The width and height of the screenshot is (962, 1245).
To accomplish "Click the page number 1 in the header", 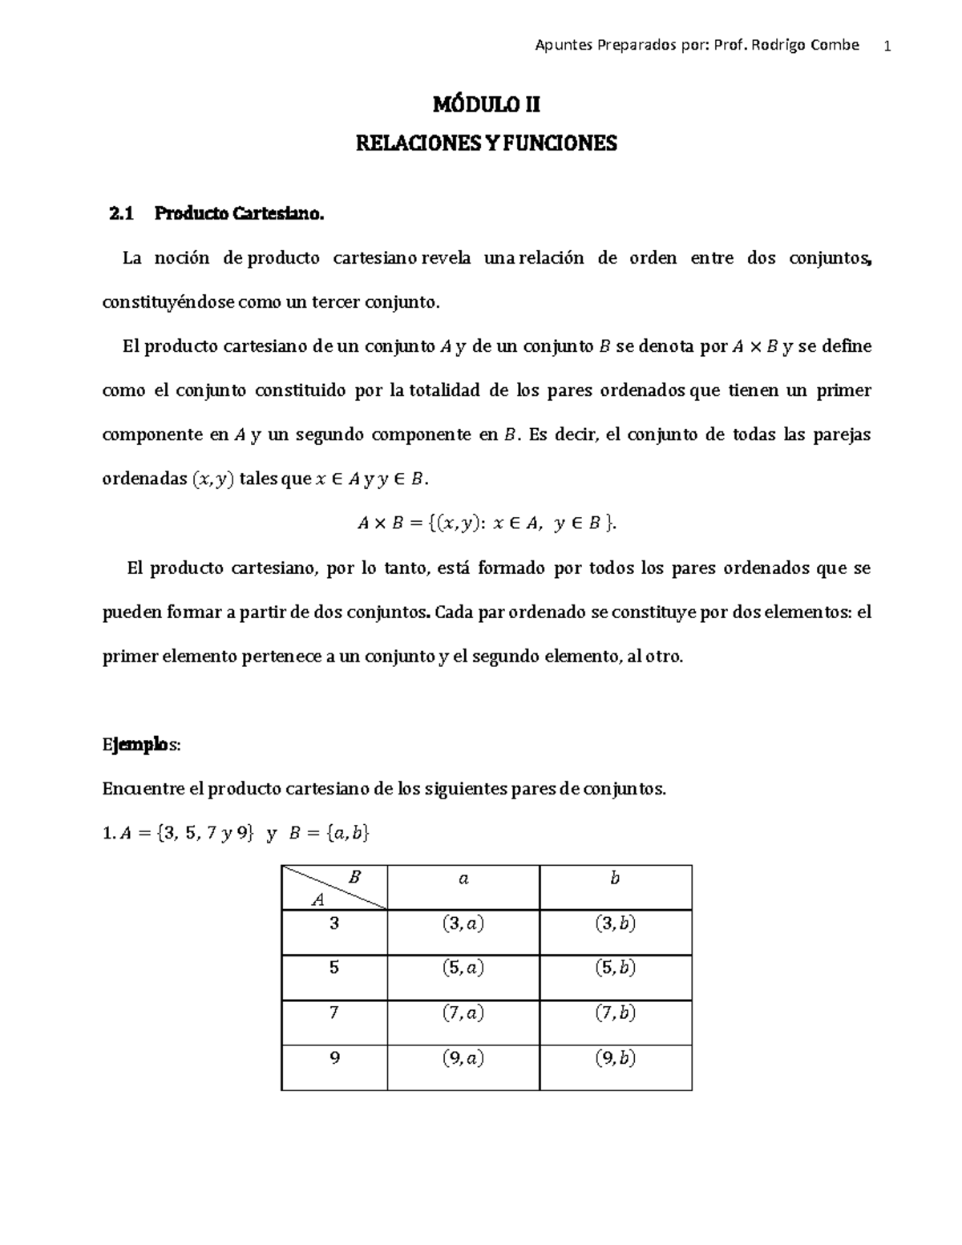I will tap(887, 46).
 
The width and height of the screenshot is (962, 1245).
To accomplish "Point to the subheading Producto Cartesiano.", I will tap(240, 214).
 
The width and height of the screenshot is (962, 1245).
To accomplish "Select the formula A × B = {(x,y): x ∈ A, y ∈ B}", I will tap(487, 523).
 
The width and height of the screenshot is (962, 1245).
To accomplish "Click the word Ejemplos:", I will tap(142, 745).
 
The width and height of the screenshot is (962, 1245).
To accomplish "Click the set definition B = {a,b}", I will tap(328, 834).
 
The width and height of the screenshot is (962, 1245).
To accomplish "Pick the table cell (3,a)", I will tap(463, 924).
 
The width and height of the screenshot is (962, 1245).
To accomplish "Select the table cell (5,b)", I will tap(615, 968).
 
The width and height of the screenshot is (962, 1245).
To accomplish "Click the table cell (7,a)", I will tap(463, 1013).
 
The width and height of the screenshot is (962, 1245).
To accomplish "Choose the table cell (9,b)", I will tap(615, 1059).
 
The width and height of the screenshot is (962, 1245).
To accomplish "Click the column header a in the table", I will tap(463, 879).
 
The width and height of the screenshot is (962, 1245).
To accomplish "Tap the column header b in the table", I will tap(615, 879).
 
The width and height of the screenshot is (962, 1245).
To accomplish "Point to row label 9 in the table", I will tap(334, 1058).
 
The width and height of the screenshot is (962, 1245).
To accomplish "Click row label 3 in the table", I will tap(334, 923).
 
